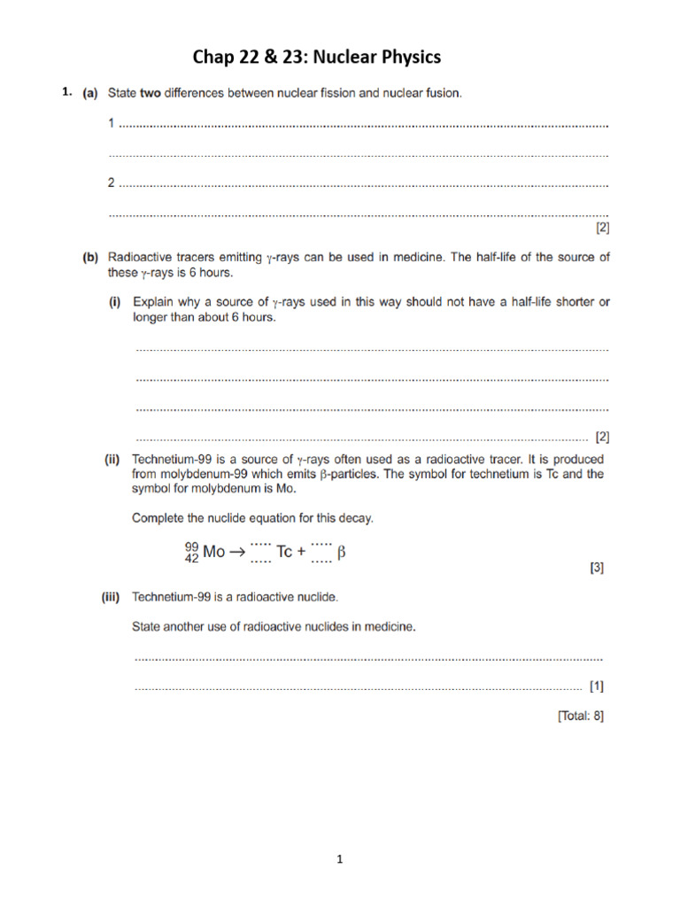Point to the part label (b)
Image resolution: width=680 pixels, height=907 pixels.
[90, 258]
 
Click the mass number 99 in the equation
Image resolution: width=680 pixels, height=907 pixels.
[191, 545]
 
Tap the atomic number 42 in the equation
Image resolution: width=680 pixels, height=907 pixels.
[191, 558]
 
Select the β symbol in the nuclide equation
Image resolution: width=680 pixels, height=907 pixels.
[342, 552]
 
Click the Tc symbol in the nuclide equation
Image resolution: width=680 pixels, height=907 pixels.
[284, 552]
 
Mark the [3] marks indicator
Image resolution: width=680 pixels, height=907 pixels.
[597, 569]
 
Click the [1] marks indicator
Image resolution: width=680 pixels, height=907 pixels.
[597, 686]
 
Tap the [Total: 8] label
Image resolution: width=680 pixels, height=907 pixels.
[581, 717]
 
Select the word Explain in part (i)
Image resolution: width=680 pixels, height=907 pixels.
[153, 303]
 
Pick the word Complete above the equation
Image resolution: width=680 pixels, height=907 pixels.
[159, 518]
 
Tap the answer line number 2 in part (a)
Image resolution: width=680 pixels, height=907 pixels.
[112, 183]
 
